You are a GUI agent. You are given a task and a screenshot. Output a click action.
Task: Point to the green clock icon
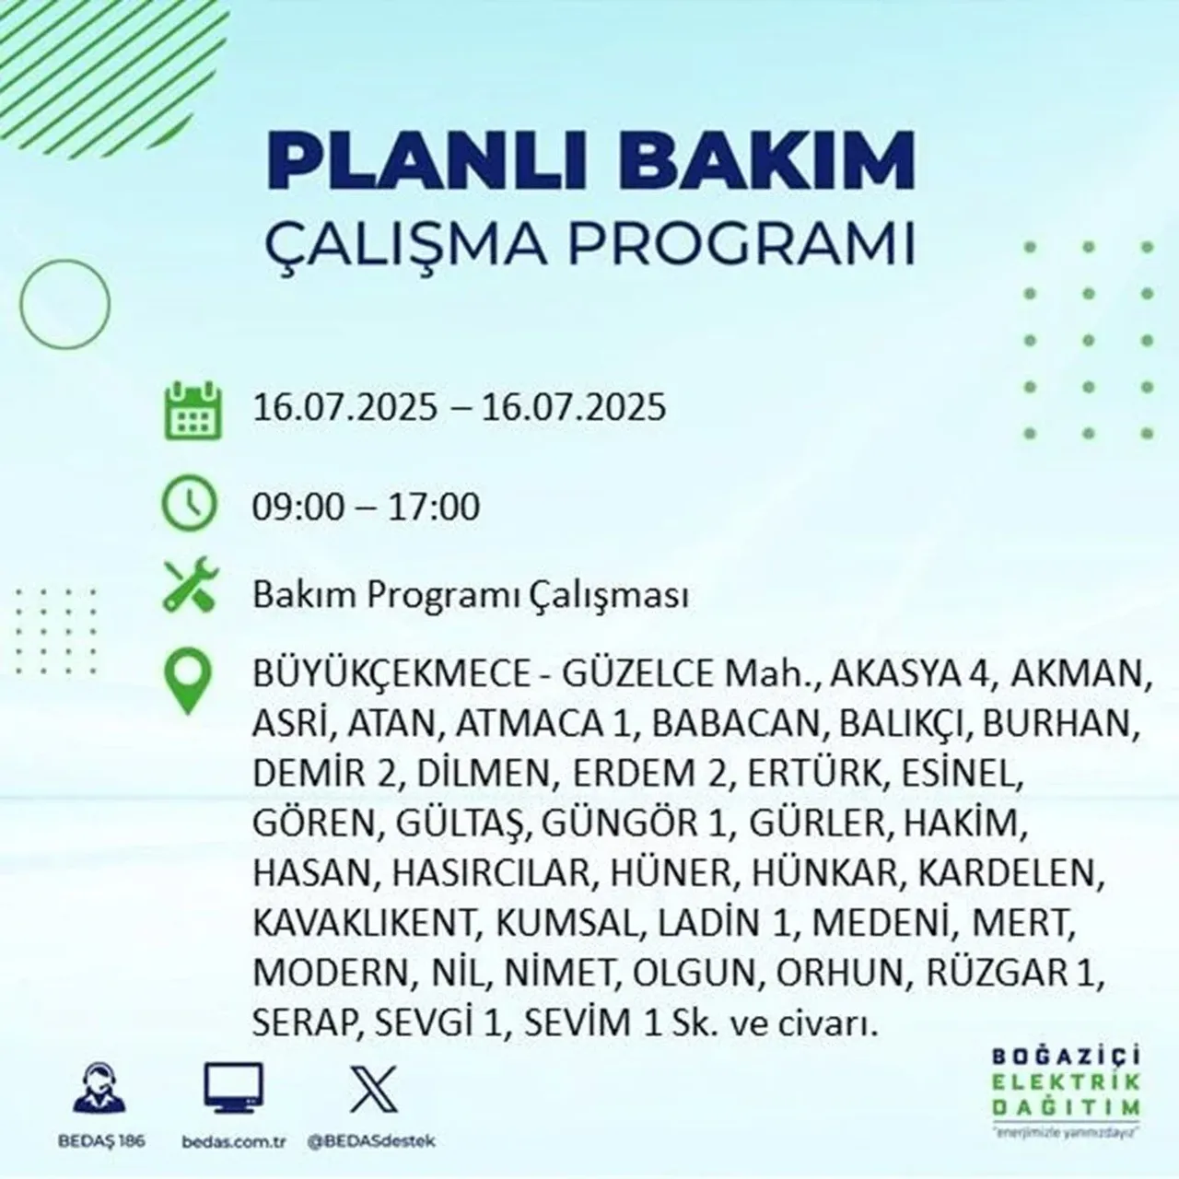click(189, 505)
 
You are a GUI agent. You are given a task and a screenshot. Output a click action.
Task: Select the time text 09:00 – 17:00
click(367, 507)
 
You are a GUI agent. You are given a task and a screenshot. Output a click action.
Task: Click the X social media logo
click(374, 1089)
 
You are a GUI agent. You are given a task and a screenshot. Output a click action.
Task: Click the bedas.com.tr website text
click(235, 1141)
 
